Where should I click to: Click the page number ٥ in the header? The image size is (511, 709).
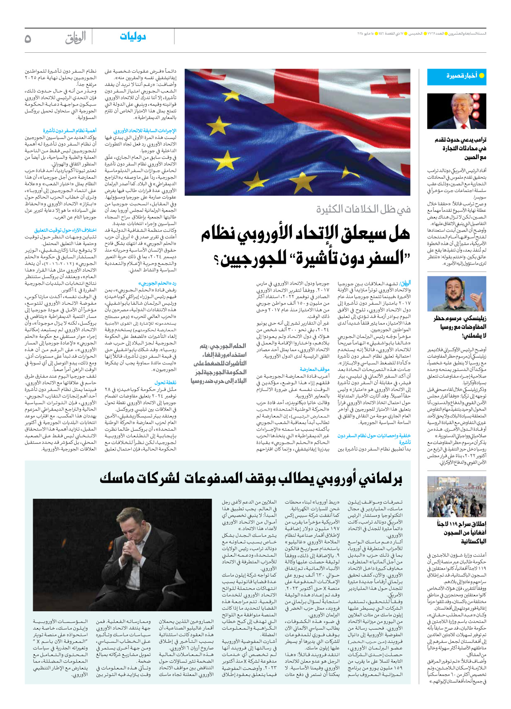28,38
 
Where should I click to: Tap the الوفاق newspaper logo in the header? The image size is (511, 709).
76,38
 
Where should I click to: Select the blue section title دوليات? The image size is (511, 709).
133,37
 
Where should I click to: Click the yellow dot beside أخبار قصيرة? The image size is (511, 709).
482,76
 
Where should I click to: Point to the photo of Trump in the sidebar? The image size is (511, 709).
457,111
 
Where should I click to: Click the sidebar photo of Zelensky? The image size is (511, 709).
457,294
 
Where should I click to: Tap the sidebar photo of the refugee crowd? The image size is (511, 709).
457,497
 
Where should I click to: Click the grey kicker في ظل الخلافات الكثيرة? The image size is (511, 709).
363,210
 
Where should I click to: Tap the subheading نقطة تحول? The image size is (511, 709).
166,383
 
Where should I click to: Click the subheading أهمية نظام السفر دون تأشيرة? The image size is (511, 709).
69,131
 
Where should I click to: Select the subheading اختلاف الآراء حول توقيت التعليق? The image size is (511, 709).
65,231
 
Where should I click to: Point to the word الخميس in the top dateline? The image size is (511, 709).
415,33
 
